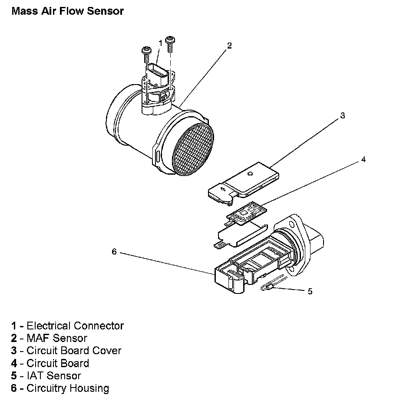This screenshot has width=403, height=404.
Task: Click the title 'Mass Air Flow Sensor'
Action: coord(67,11)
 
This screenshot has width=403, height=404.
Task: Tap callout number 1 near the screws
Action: coord(160,43)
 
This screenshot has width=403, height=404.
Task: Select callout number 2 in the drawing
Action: coord(229,45)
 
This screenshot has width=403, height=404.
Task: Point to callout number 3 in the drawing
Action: coord(342,116)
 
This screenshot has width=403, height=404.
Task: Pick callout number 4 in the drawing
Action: coord(363,160)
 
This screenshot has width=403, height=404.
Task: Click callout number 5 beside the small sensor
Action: coord(310,291)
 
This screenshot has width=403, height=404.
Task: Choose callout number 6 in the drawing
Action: coord(114,251)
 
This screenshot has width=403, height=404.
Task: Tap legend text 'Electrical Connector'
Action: coord(75,326)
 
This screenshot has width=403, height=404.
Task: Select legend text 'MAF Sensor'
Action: coord(56,338)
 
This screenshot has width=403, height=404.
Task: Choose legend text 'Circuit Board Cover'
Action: coord(74,351)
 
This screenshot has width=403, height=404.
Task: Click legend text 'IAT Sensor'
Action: coord(53,376)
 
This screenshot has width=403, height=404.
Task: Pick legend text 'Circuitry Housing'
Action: coord(68,388)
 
